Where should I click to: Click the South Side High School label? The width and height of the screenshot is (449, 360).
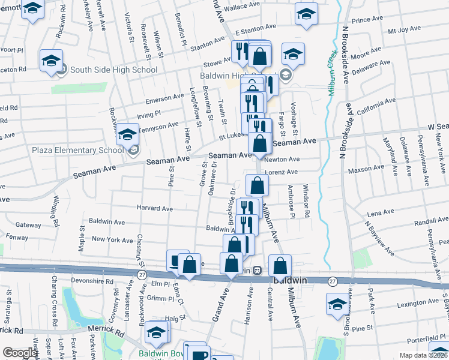(x=113, y=70)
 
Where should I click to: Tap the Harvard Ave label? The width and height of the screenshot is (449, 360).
(x=155, y=209)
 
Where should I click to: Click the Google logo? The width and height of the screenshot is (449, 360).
(x=19, y=353)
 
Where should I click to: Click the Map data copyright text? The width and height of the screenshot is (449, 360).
(x=423, y=355)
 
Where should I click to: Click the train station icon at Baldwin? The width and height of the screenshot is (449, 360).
(x=256, y=271)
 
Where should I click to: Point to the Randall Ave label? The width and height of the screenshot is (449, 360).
(x=431, y=221)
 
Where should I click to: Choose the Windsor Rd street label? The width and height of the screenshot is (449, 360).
(x=306, y=202)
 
